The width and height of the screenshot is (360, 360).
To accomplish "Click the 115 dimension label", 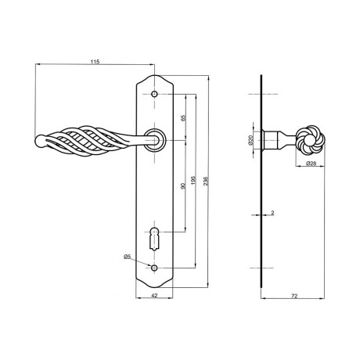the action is click(x=95, y=62).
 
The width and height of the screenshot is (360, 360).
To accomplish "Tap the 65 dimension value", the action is click(x=183, y=118).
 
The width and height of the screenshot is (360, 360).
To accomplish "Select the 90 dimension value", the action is click(x=183, y=185).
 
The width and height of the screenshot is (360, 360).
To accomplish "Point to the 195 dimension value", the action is click(x=193, y=180).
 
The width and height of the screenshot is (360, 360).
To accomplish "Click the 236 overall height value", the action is click(x=206, y=181).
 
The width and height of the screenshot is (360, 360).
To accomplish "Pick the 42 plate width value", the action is click(x=154, y=296).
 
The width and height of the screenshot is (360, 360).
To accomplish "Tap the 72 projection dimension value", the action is click(x=294, y=296).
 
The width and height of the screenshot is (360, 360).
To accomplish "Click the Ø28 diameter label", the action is click(x=311, y=164).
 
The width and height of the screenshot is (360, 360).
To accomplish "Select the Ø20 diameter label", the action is click(x=250, y=140).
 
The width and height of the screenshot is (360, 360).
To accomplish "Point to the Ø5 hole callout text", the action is click(x=127, y=257).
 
